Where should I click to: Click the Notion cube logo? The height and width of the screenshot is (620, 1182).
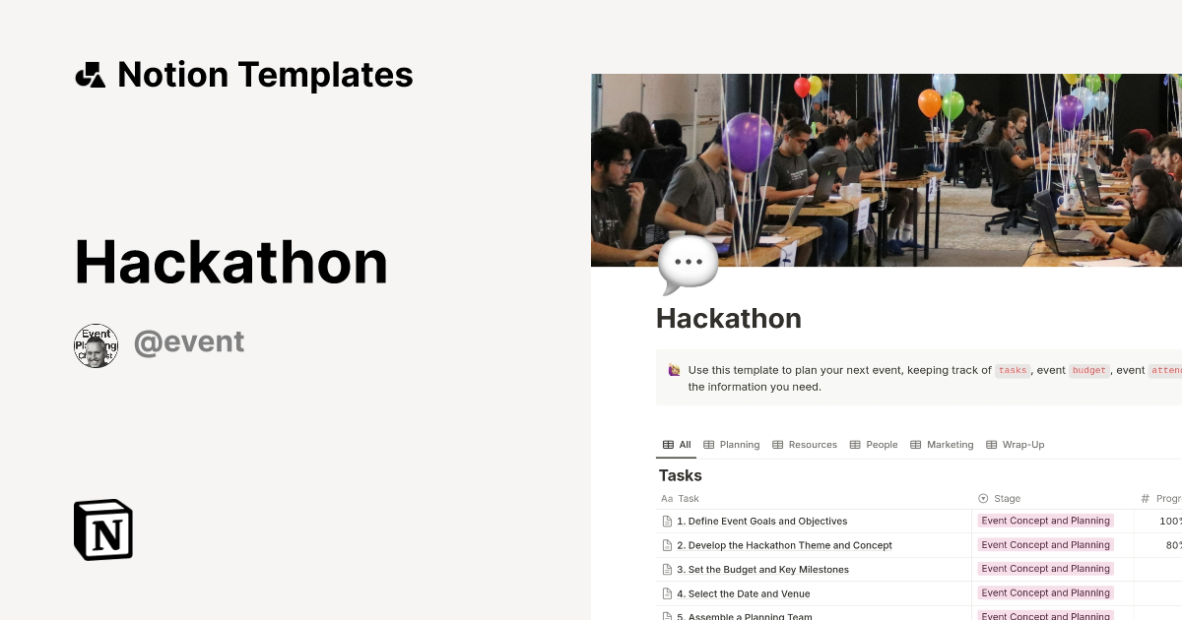tap(103, 529)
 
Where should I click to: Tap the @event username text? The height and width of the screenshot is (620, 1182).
tap(189, 342)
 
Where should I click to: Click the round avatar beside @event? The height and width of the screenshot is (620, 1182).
tap(97, 346)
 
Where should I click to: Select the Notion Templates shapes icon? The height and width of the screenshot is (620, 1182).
tap(91, 75)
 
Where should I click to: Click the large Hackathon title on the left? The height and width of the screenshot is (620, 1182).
tap(231, 262)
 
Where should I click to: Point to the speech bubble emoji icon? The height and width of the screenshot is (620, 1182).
tap(688, 264)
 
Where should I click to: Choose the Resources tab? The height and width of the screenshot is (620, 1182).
tap(805, 445)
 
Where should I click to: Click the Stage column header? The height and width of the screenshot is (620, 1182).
tap(1007, 499)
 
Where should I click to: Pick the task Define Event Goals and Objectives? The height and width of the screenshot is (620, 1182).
tap(761, 522)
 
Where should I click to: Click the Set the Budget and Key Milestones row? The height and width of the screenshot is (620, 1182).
tap(762, 570)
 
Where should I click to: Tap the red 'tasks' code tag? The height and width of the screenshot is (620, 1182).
tap(1012, 371)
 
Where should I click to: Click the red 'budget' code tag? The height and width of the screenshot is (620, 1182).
tap(1089, 371)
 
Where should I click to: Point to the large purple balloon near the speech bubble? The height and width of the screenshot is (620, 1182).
tap(748, 140)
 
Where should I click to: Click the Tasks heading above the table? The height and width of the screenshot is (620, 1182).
tap(681, 475)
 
